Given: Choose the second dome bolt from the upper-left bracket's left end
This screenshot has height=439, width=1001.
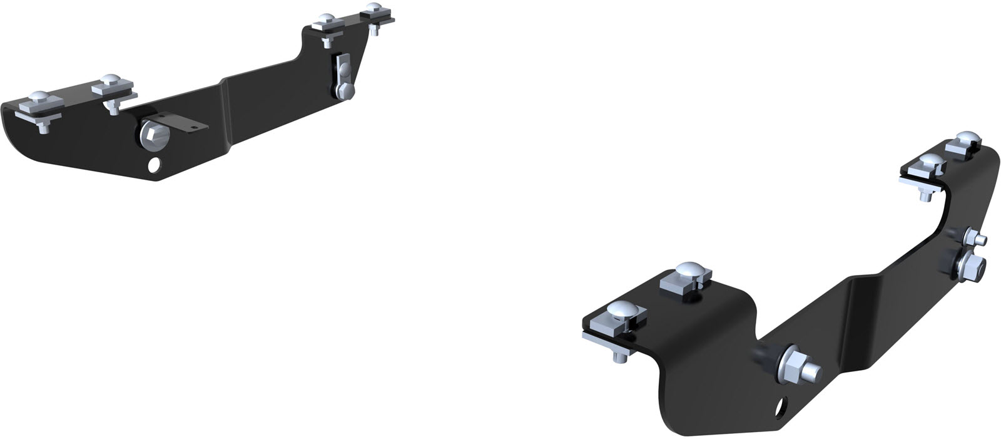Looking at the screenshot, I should (110, 81).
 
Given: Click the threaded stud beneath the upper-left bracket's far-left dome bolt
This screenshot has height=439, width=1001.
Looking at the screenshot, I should (43, 128).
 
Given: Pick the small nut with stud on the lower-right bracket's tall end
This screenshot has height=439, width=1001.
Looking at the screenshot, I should (975, 238).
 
